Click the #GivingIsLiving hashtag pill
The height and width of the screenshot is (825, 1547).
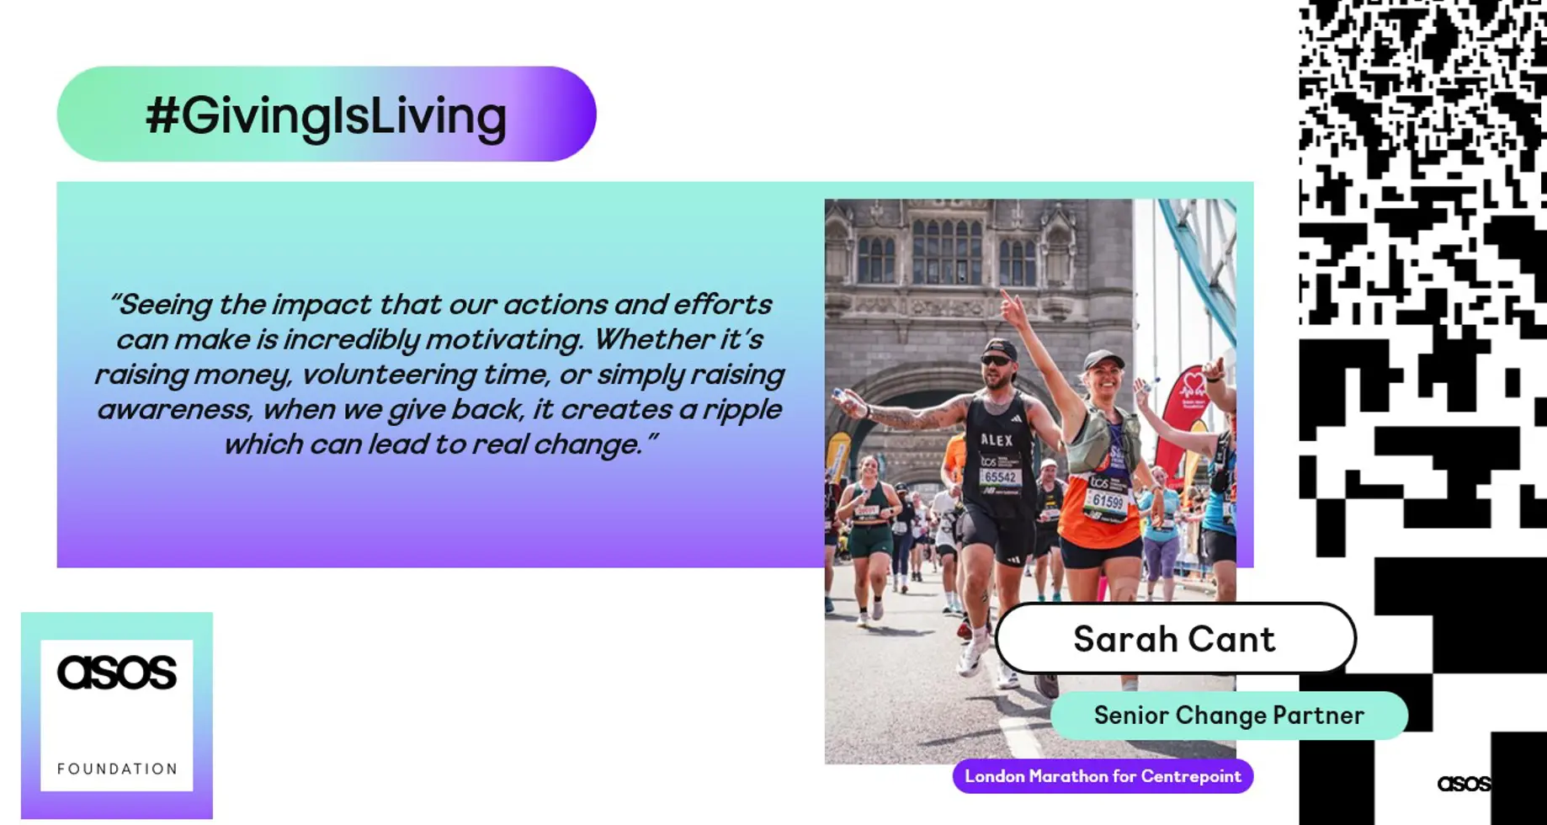327,114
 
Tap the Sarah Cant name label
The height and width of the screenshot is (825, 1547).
1175,638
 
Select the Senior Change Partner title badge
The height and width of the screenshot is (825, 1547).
1229,716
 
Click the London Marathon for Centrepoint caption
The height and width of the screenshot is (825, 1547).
1103,776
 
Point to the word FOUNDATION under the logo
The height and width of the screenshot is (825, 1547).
117,769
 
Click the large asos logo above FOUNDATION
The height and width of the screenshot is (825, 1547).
117,672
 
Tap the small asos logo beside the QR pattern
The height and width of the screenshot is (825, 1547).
1464,784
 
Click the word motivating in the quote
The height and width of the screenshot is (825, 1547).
503,339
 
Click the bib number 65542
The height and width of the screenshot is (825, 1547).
1001,477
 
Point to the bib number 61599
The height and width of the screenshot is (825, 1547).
1108,502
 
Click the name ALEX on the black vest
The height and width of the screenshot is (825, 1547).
997,439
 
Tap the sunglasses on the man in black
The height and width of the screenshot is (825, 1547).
997,361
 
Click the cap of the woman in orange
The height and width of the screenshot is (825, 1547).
1103,360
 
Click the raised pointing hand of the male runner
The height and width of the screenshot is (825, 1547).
1013,308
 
